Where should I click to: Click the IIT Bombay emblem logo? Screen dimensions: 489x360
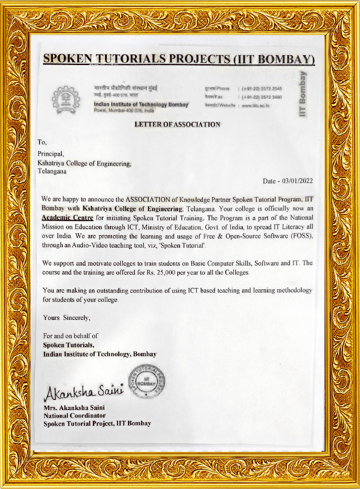point(66,98)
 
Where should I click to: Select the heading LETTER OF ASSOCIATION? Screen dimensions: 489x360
point(177,125)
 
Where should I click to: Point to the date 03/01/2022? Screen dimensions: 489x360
point(297,181)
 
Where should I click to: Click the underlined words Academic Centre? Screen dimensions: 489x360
point(67,218)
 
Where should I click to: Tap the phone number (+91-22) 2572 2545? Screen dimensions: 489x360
point(262,89)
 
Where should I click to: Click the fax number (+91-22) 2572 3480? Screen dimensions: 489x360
point(262,97)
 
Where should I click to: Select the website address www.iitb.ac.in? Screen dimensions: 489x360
point(256,105)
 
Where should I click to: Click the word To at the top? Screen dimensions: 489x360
point(41,142)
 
